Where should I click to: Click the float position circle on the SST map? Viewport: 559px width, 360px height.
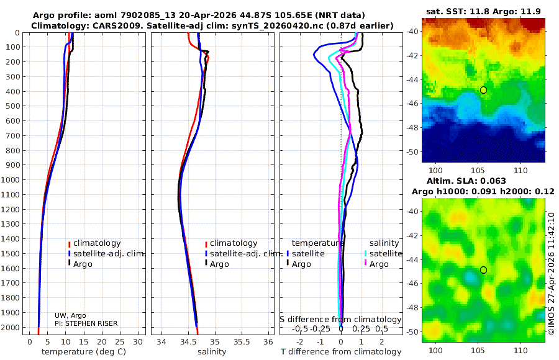[483, 90]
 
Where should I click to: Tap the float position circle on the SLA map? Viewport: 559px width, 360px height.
[483, 270]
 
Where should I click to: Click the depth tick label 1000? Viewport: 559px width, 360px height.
[12, 180]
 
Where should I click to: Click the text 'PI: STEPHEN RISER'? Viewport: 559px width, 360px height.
[86, 323]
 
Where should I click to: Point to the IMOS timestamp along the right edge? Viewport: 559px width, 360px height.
[551, 272]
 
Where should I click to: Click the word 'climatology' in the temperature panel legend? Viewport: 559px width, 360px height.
[96, 243]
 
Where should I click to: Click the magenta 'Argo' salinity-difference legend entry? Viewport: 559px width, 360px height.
[379, 264]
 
